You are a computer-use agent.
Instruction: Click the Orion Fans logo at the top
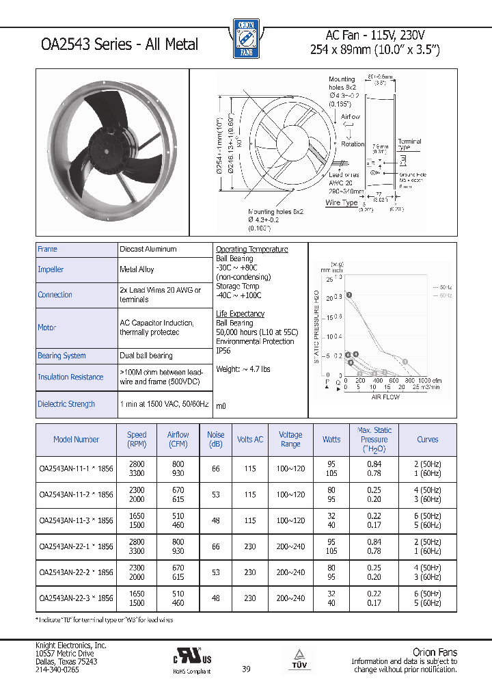coord(245,38)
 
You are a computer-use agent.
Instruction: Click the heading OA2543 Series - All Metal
coord(120,44)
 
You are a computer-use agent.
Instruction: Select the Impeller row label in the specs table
coord(51,269)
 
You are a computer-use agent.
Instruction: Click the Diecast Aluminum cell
coord(148,250)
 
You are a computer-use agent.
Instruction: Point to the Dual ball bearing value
coord(146,356)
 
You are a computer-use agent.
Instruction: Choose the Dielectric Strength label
coord(66,404)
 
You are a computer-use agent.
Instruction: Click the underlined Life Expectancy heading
coord(240,314)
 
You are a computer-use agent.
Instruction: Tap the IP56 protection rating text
coord(223,351)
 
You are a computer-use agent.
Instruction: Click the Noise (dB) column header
coord(216,440)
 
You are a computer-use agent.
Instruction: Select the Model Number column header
coord(77,440)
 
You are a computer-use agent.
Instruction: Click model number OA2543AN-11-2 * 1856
coord(77,494)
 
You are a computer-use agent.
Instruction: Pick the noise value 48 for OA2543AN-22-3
coord(216,598)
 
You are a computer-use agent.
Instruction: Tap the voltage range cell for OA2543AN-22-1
coord(290,546)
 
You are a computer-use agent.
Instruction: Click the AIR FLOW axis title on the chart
coord(385,397)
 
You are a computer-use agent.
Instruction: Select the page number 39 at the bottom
coord(246,669)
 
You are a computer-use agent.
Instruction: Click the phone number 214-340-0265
coord(57,670)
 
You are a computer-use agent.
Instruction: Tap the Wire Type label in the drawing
coord(342,203)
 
